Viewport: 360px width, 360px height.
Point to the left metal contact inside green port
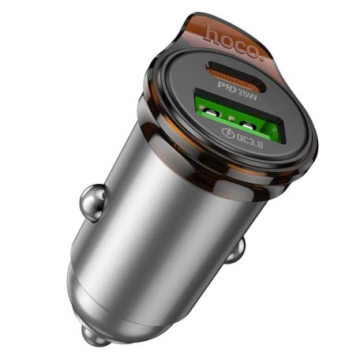coord(212,111)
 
